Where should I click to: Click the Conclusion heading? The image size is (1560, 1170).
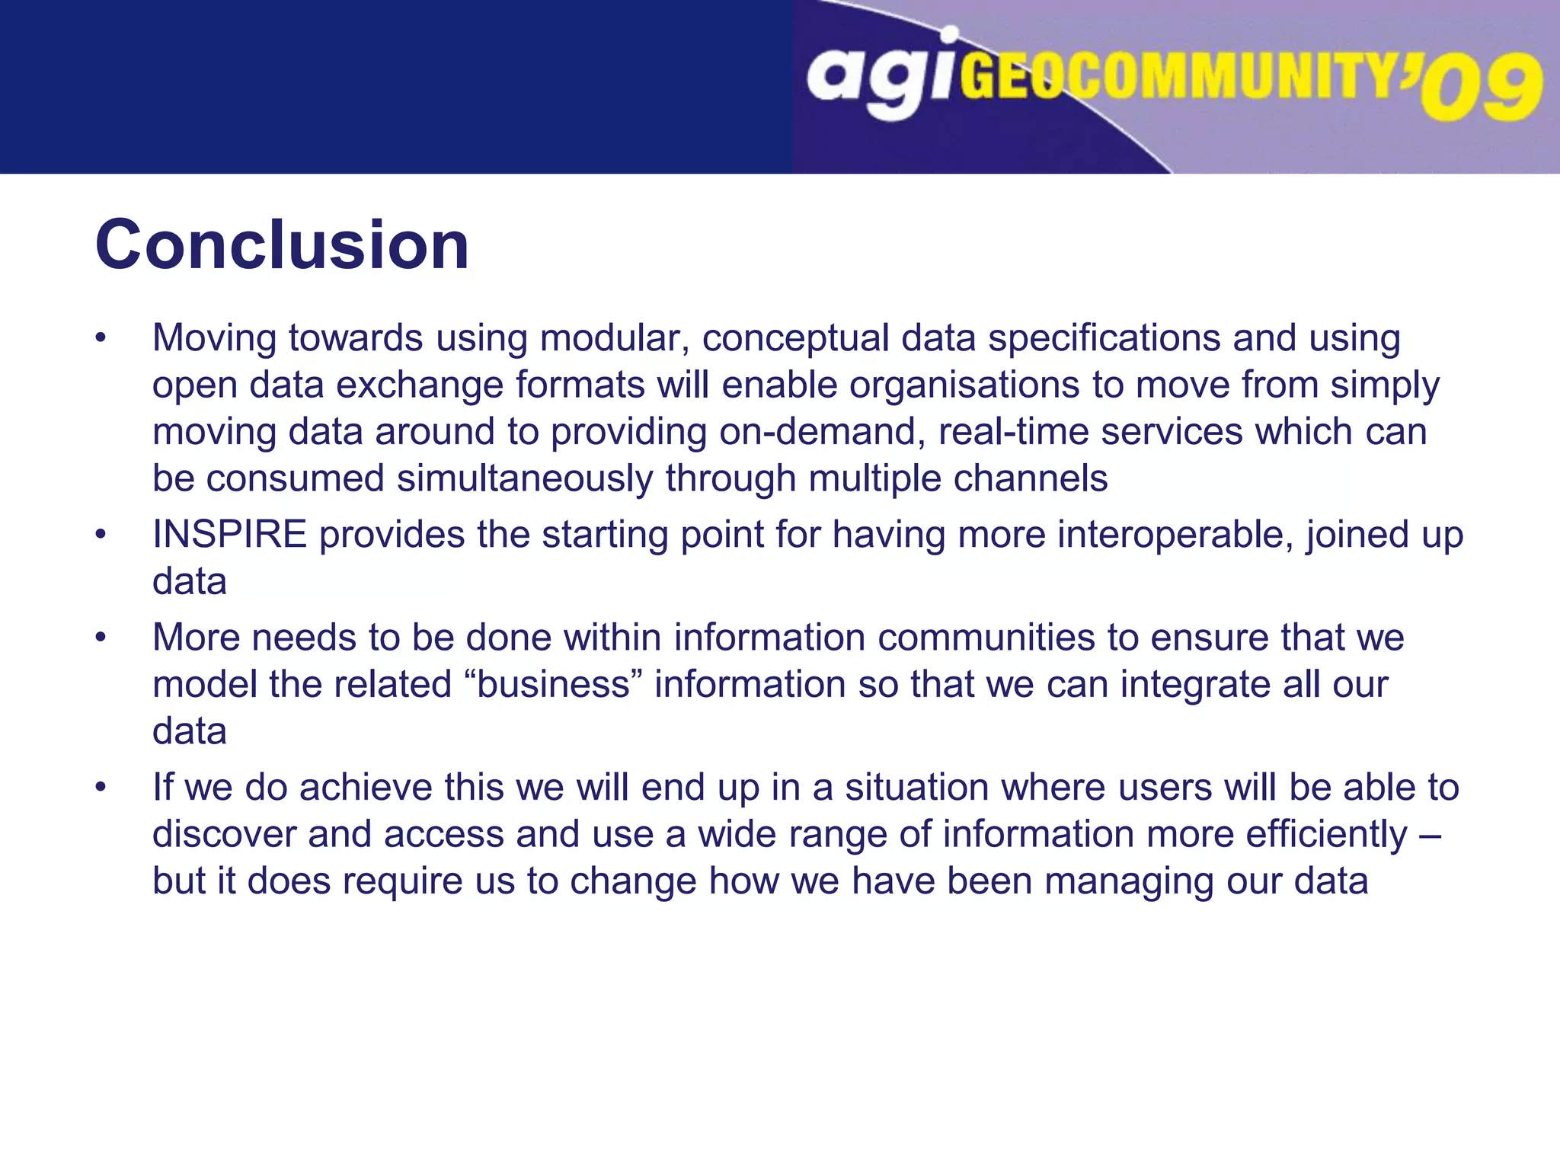pyautogui.click(x=282, y=245)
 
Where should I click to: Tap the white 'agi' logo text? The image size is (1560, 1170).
pyautogui.click(x=881, y=76)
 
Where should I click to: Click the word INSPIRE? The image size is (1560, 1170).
pyautogui.click(x=229, y=534)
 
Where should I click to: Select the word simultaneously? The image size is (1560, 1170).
pyautogui.click(x=525, y=479)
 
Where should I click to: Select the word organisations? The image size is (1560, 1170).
pyautogui.click(x=964, y=385)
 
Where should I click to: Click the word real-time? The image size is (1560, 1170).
pyautogui.click(x=1013, y=432)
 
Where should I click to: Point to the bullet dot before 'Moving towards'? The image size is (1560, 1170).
pyautogui.click(x=101, y=338)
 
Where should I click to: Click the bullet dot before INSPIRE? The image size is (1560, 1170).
pyautogui.click(x=101, y=535)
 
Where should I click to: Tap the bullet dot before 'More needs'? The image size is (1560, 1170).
pyautogui.click(x=101, y=638)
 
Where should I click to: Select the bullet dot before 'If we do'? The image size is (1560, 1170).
pyautogui.click(x=101, y=788)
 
